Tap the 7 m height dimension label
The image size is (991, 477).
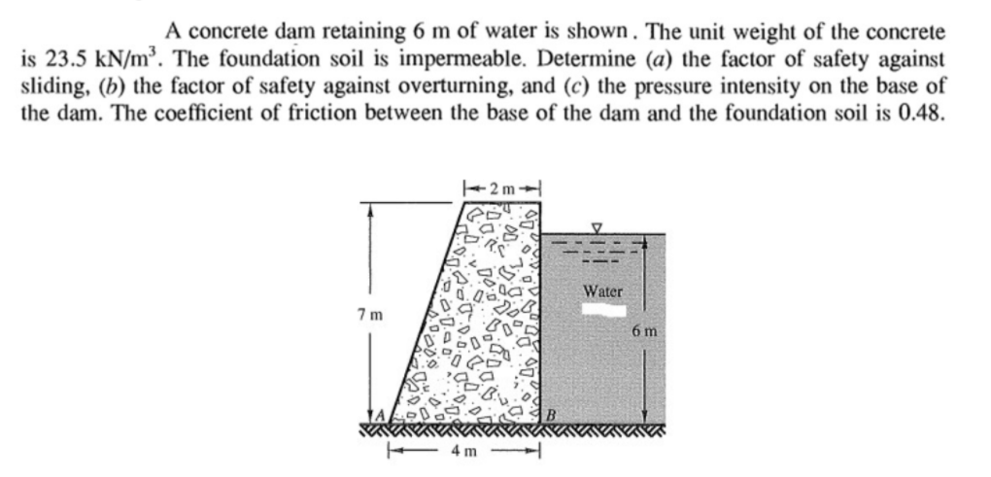coord(370,316)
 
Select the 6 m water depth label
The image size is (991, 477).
coord(644,331)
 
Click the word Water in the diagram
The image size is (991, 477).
coord(602,290)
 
